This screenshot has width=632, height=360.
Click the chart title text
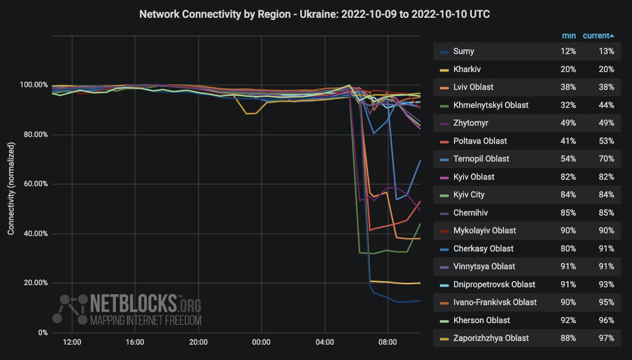(314, 14)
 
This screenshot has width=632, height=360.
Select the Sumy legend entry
(463, 52)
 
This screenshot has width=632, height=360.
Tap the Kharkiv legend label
(467, 69)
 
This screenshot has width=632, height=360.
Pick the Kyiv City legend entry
(469, 195)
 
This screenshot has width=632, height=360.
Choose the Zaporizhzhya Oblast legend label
(491, 338)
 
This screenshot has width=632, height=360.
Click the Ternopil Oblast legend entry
(481, 159)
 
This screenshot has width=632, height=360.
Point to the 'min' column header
(569, 36)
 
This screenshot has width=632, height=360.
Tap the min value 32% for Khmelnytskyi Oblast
(568, 105)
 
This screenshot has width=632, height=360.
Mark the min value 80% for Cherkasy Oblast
(568, 248)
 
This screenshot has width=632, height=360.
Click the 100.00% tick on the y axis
(34, 85)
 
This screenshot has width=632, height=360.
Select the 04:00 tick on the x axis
(324, 342)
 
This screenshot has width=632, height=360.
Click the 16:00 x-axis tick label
(135, 342)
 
